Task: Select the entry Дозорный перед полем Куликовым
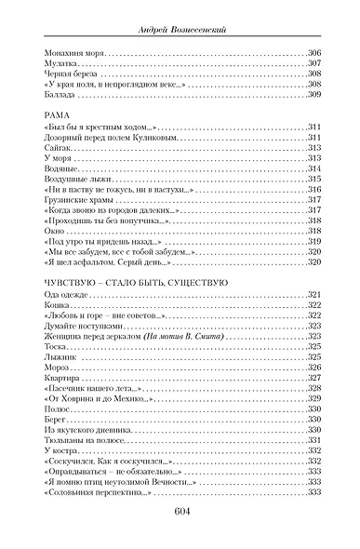[x=98, y=137]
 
